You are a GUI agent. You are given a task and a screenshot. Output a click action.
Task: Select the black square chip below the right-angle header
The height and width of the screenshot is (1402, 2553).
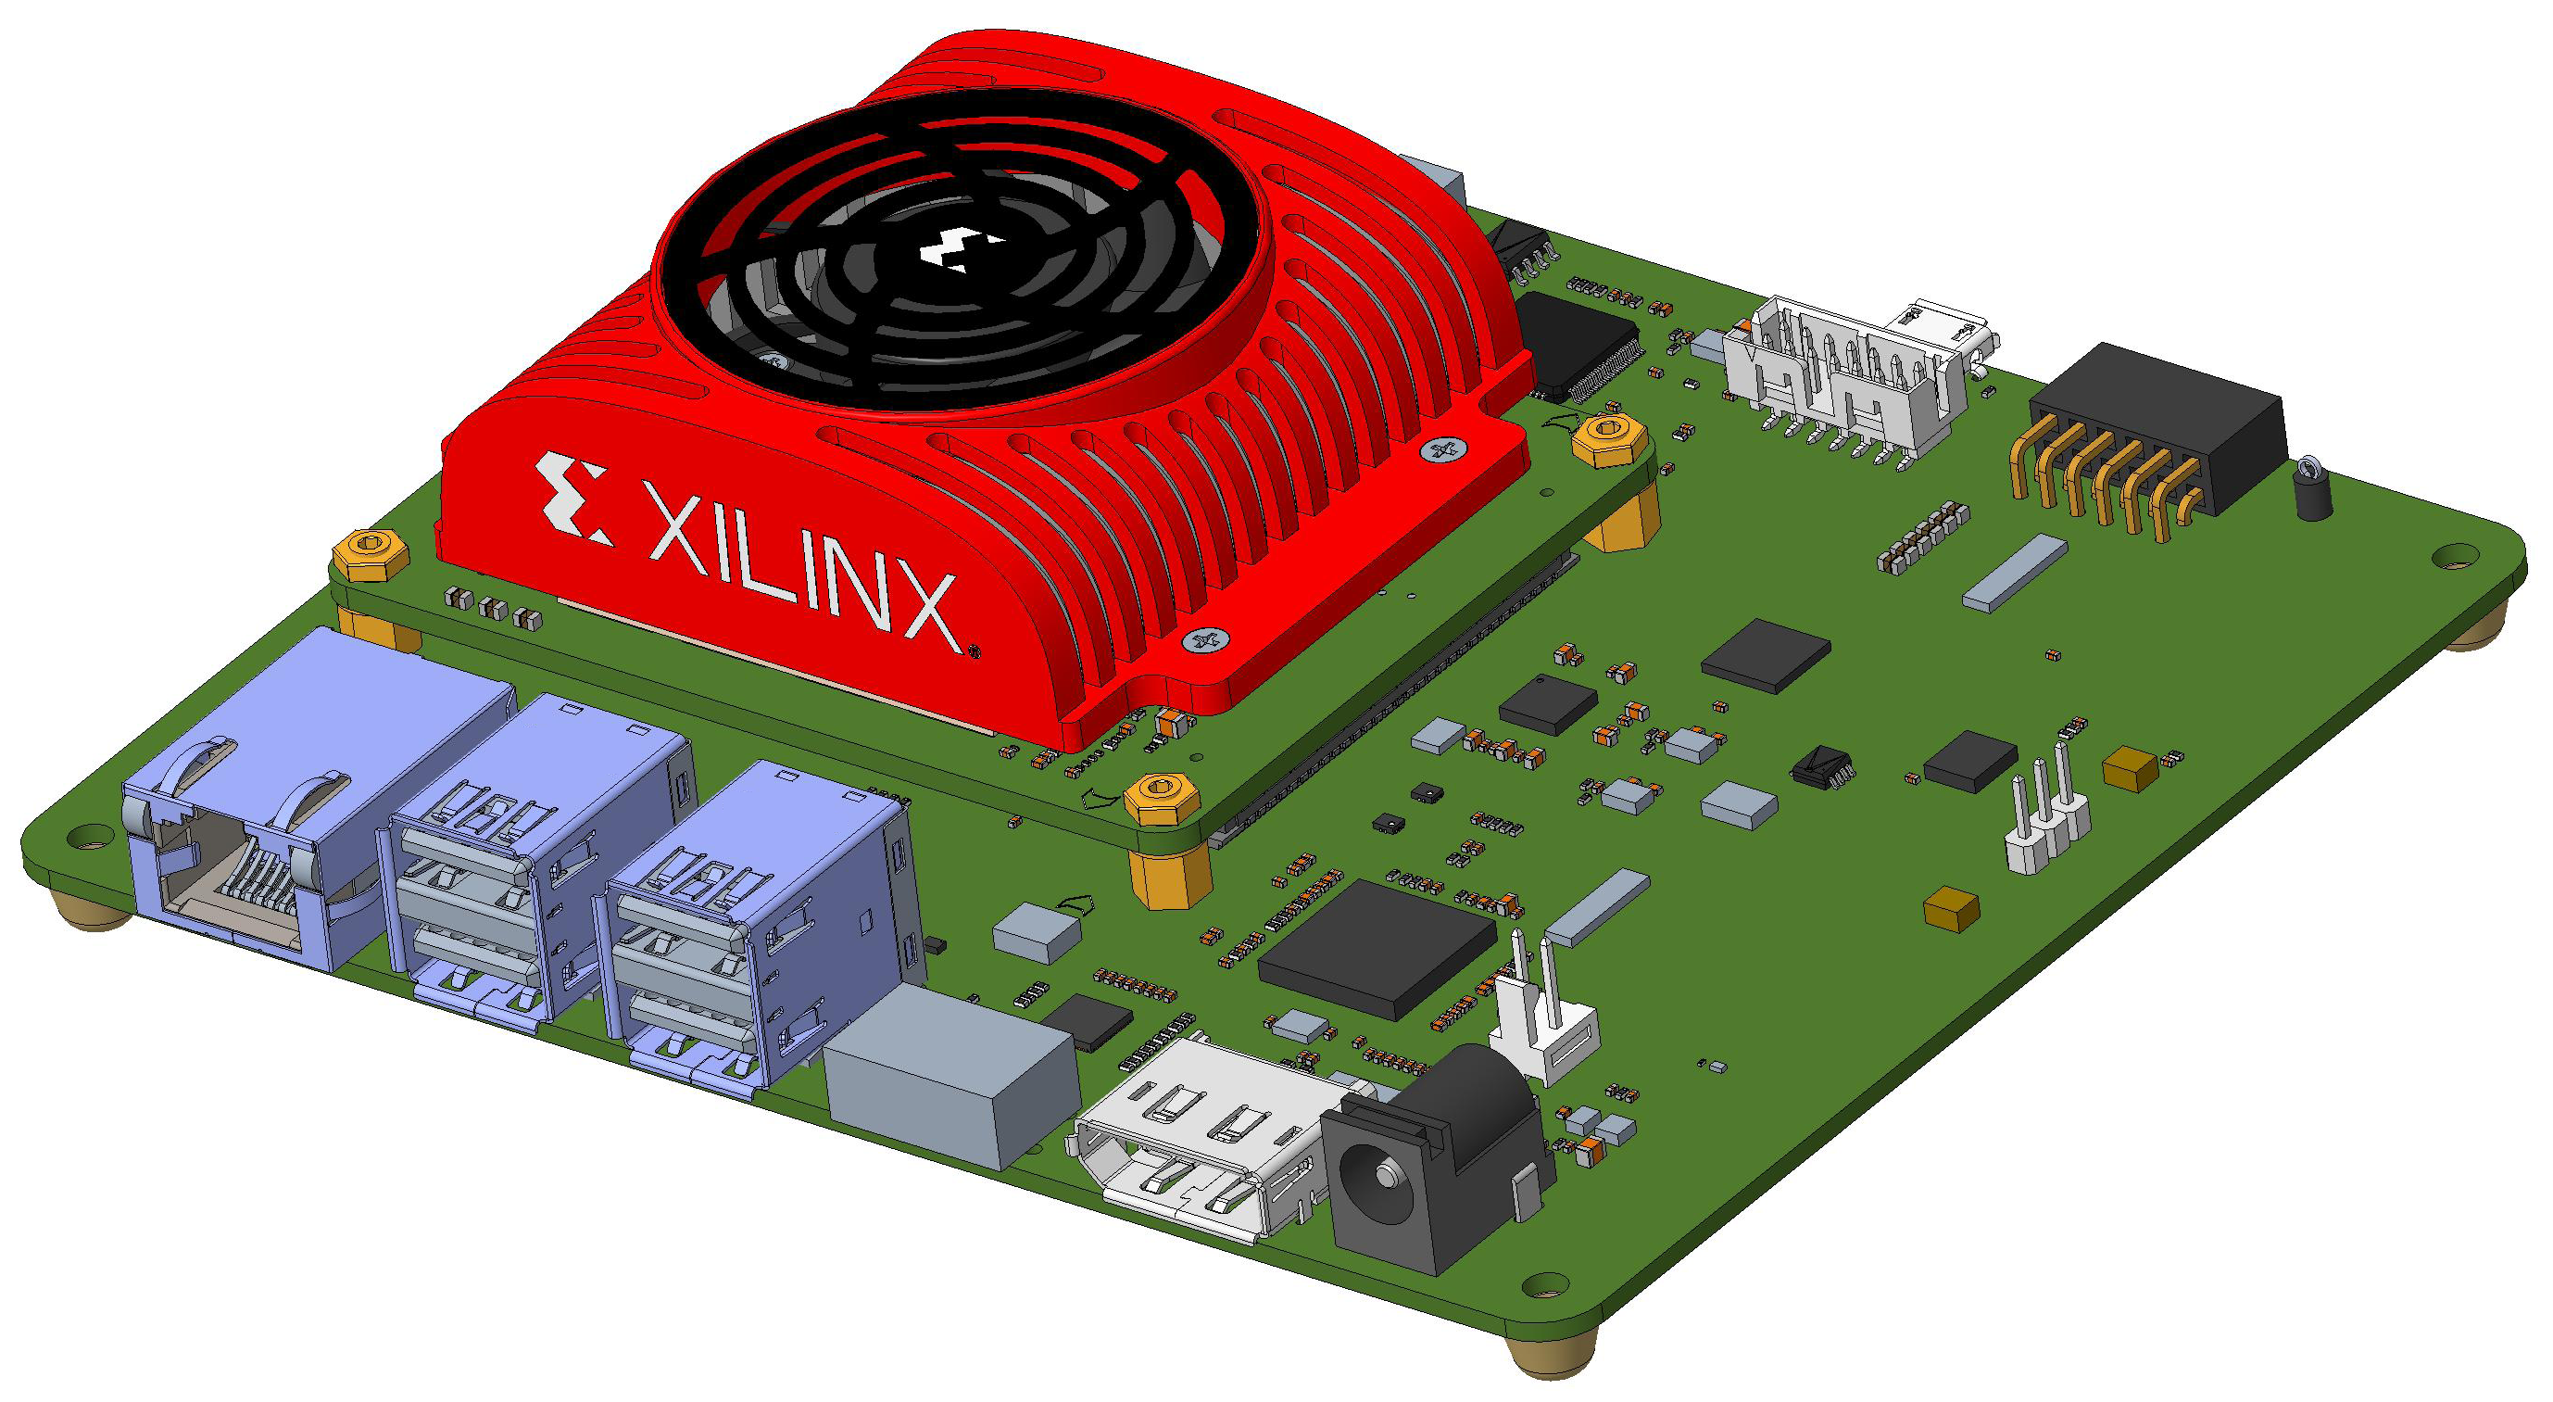(1765, 654)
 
